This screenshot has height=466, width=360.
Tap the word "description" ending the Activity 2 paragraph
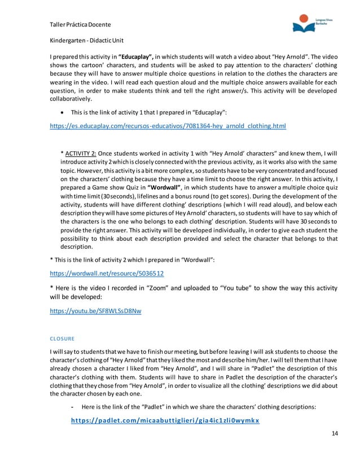coord(78,246)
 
